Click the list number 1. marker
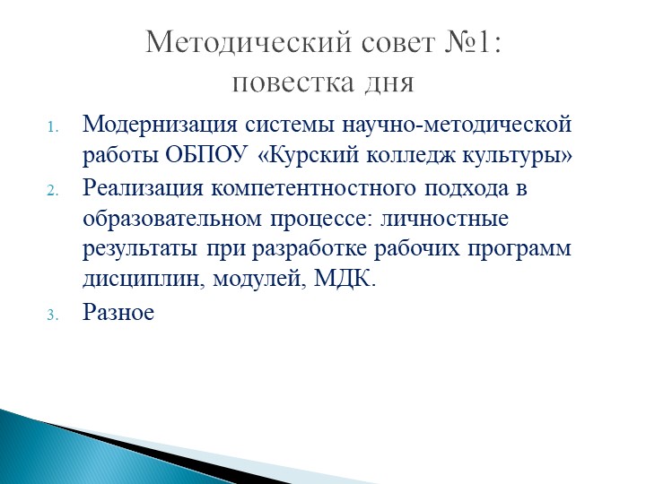(x=54, y=125)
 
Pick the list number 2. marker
(x=54, y=191)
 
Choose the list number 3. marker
(x=54, y=315)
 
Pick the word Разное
(x=118, y=312)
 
